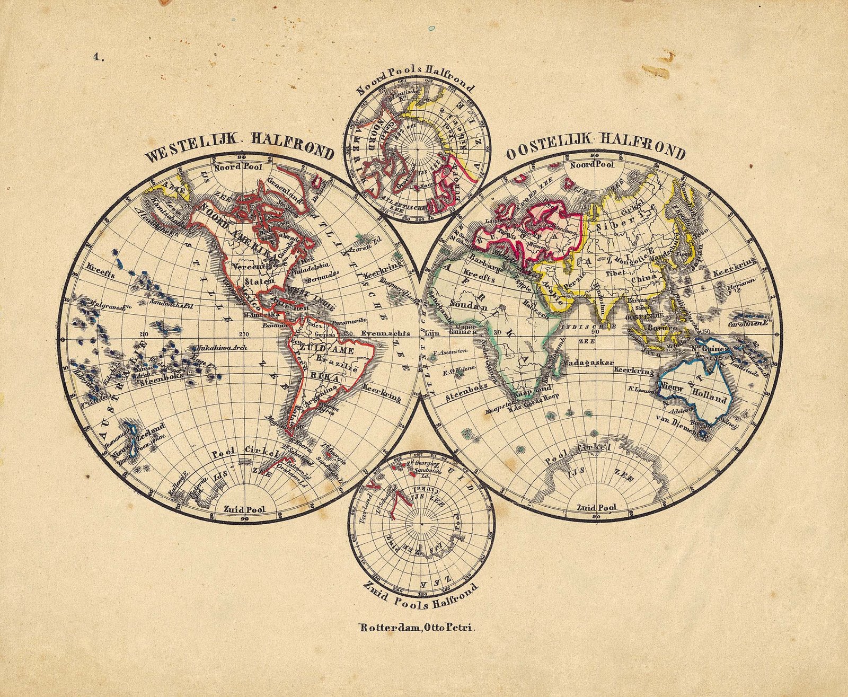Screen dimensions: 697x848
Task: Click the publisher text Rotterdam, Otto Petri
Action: pyautogui.click(x=419, y=629)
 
